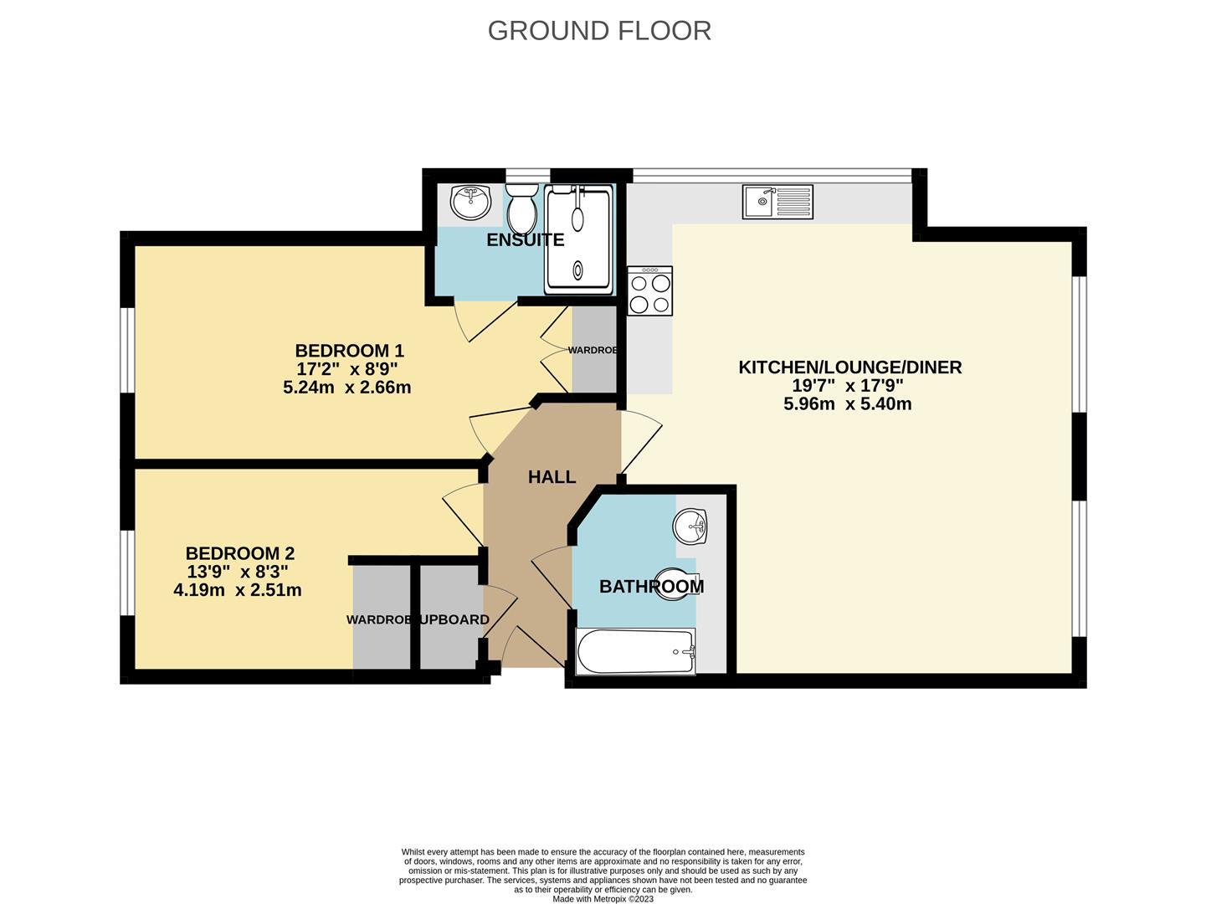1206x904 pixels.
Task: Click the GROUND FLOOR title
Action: point(599,30)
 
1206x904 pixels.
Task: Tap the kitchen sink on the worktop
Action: point(777,202)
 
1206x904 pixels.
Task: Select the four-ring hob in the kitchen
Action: point(649,291)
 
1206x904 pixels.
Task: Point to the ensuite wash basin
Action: point(470,201)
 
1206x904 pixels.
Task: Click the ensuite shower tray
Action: point(578,239)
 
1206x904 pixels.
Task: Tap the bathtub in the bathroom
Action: point(636,651)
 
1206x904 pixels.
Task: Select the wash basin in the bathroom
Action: point(690,527)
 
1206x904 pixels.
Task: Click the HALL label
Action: point(552,477)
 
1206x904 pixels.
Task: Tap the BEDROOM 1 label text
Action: point(349,351)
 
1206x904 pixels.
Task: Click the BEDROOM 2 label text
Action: point(239,553)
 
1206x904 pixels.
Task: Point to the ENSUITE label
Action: point(525,240)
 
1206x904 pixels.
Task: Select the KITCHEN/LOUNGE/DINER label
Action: point(849,367)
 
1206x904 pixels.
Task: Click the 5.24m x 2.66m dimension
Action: point(346,388)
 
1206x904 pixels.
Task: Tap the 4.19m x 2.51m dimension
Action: point(237,590)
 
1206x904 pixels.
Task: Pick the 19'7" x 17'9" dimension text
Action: point(848,386)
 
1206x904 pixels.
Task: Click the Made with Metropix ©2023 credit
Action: point(603,899)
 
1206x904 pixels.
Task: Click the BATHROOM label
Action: point(651,587)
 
